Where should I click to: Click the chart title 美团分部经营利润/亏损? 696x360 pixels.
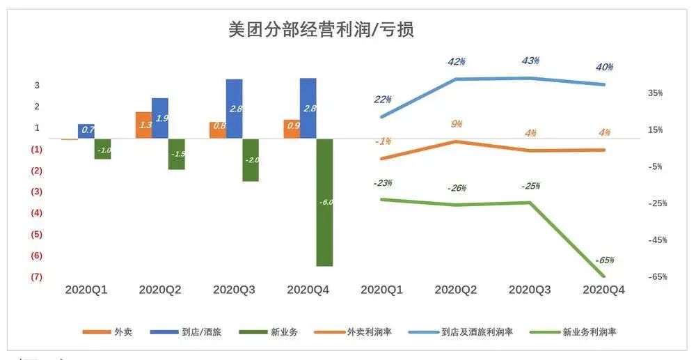click(322, 30)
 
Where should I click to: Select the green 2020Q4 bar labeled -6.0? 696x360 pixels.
click(324, 202)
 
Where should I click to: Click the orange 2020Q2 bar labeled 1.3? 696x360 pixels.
click(143, 125)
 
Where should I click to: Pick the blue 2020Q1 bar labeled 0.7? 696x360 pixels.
click(86, 131)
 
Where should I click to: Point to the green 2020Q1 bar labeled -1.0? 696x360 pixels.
click(103, 149)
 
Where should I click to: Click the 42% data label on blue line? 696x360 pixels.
click(456, 62)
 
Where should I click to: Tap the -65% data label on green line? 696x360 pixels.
click(604, 260)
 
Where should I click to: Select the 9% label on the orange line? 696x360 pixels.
click(457, 124)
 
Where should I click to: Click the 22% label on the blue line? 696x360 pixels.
click(382, 100)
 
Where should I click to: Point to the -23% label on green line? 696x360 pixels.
click(382, 183)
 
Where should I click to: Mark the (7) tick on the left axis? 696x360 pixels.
click(37, 276)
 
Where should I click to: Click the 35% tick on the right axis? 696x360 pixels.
click(655, 93)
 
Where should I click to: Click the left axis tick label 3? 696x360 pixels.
click(37, 86)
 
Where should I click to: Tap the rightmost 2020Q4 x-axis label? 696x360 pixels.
click(603, 289)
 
